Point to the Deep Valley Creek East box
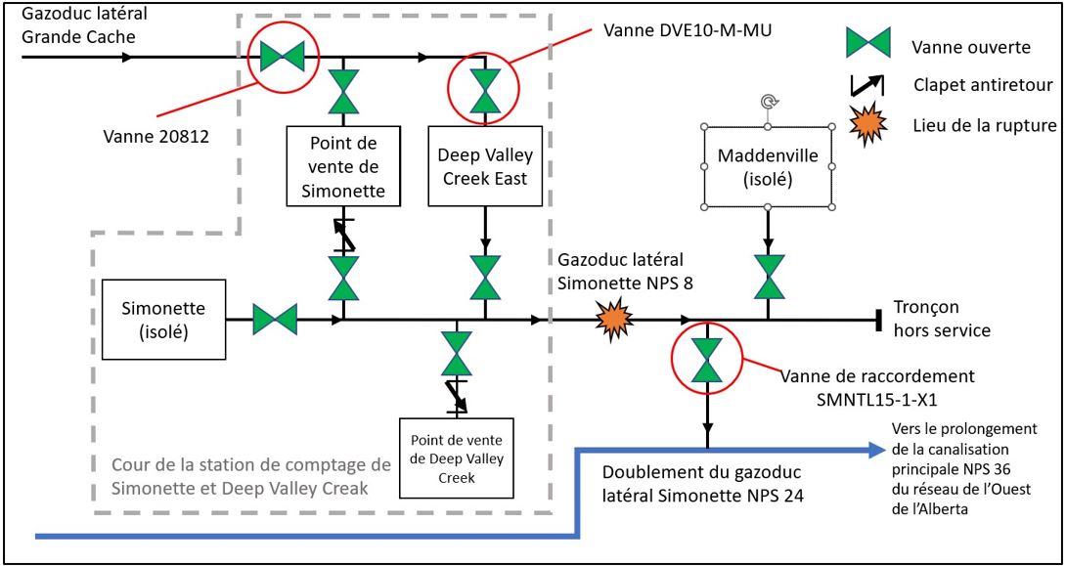point(484,166)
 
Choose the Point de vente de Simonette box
point(343,166)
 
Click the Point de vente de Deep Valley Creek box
point(457,451)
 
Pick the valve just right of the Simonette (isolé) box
point(275,319)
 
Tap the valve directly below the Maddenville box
point(768,275)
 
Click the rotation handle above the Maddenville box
point(768,101)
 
